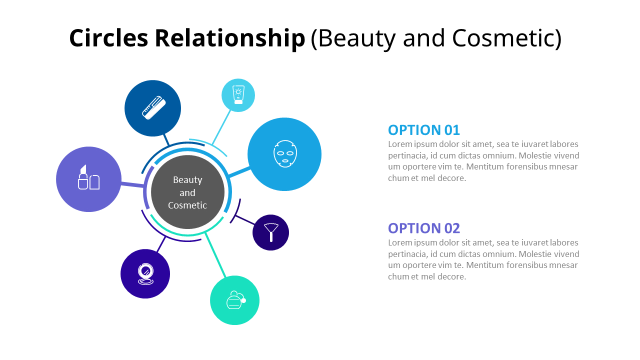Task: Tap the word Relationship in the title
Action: tap(229, 38)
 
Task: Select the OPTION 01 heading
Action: tap(423, 130)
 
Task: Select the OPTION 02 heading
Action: tap(423, 228)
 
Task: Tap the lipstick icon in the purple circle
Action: tap(88, 178)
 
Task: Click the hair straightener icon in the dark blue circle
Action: tap(153, 108)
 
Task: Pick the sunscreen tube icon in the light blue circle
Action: tap(238, 95)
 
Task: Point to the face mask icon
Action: tap(284, 154)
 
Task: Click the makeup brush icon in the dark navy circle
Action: tap(270, 232)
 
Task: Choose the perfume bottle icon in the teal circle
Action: tap(234, 300)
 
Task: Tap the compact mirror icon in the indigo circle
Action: tap(145, 274)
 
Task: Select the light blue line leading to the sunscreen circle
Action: tap(221, 127)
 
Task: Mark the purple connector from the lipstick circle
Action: tap(132, 185)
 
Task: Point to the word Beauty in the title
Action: tap(353, 38)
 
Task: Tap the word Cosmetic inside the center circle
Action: tap(187, 205)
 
